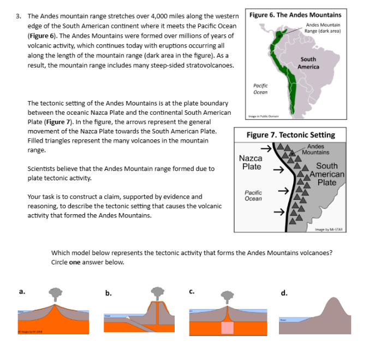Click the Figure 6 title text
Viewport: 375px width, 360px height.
pyautogui.click(x=295, y=15)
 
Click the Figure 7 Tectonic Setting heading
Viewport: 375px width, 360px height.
pyautogui.click(x=290, y=135)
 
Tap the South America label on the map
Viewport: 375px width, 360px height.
pyautogui.click(x=308, y=63)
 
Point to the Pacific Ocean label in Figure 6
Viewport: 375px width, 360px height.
pyautogui.click(x=260, y=89)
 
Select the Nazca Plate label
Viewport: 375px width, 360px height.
pyautogui.click(x=251, y=162)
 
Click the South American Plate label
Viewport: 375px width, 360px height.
pyautogui.click(x=326, y=174)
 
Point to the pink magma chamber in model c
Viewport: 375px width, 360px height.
pyautogui.click(x=227, y=327)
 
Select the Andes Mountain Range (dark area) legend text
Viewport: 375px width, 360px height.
pyautogui.click(x=323, y=28)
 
